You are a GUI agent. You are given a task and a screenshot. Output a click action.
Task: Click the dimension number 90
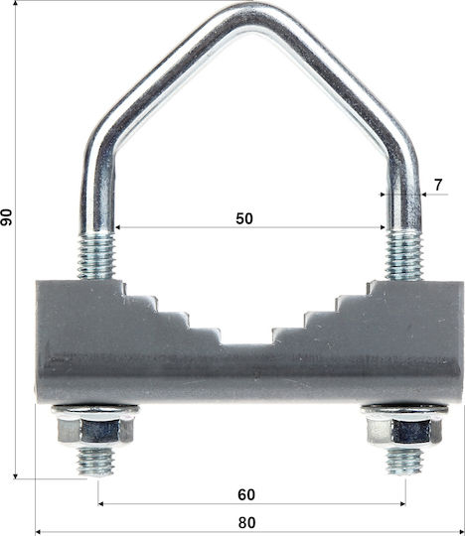[x=6, y=217]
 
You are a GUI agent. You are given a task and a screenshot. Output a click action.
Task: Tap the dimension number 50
[x=244, y=218]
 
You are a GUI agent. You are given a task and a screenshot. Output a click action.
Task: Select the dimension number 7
[x=438, y=185]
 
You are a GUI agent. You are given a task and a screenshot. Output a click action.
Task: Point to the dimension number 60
[x=246, y=494]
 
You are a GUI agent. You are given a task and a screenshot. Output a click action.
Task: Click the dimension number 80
[x=246, y=523]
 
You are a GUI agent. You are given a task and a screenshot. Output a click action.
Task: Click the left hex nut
[x=95, y=431]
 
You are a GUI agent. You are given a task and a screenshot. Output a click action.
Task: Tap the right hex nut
[x=404, y=431]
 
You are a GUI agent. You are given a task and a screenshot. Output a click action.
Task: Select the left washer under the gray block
[x=95, y=410]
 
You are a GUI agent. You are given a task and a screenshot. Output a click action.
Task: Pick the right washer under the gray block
[x=404, y=410]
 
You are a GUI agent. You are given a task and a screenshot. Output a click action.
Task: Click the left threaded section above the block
[x=96, y=256]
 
